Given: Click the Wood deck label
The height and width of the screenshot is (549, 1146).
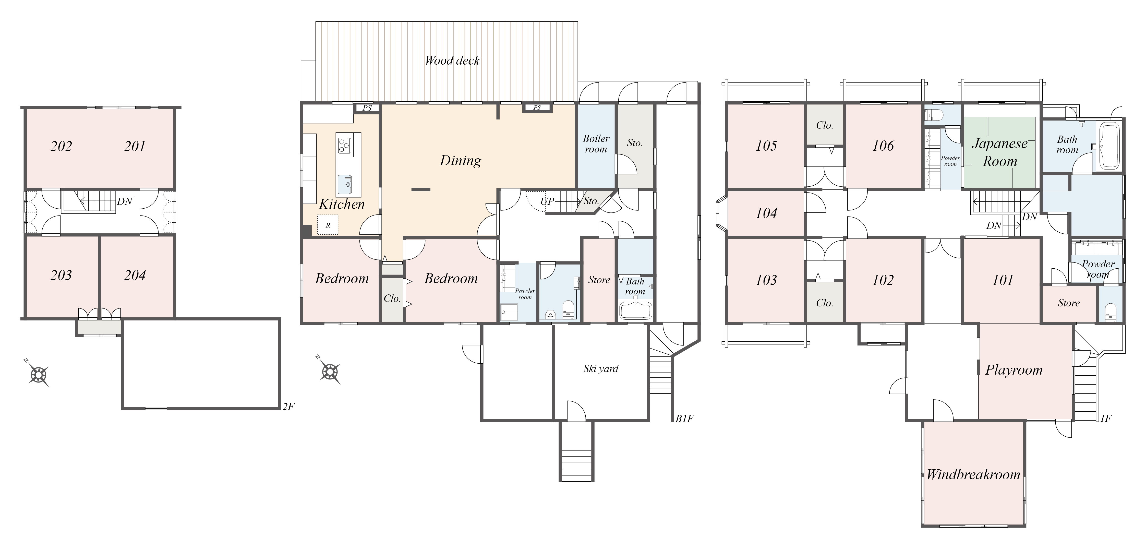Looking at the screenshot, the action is [x=452, y=61].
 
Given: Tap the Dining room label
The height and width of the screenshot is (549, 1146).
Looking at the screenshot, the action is [x=461, y=161].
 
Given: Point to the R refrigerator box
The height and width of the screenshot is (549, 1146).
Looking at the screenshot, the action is [x=328, y=225].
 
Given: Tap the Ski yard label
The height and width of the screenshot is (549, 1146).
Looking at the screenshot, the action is [x=601, y=369].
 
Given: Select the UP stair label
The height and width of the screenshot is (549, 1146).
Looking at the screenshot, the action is [x=547, y=201].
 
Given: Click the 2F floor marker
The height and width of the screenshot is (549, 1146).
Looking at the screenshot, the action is [x=288, y=406].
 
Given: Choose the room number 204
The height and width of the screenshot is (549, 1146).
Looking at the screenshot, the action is [x=135, y=275].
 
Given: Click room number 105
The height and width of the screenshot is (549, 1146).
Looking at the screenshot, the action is [x=766, y=146].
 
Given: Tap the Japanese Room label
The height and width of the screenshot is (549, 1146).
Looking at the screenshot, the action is [x=1000, y=152].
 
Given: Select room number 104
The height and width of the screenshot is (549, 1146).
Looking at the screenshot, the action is [x=766, y=213].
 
